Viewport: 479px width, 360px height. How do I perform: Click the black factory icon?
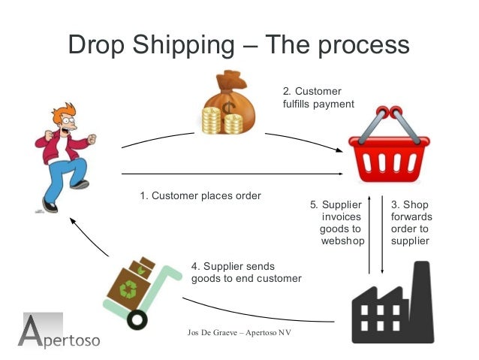393,304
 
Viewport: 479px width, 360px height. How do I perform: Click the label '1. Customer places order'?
200,196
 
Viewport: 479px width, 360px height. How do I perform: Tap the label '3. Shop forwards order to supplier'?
410,222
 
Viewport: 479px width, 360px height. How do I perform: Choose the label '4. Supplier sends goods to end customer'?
246,272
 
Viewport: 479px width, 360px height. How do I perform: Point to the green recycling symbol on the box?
130,289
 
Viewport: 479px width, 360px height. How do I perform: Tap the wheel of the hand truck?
137,319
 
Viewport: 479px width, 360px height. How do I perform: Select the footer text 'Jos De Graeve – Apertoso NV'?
238,332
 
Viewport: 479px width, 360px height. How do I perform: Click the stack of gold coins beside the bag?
211,120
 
